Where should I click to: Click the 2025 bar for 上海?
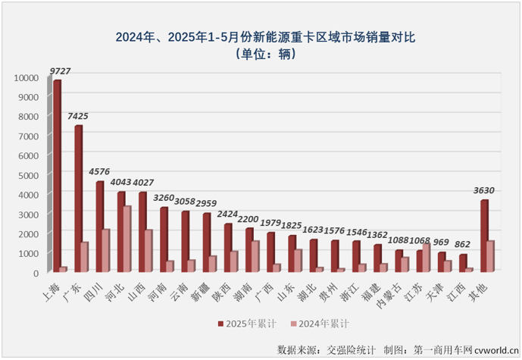pos(56,175)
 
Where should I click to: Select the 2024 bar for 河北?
pos(127,238)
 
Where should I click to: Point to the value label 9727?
pos(60,71)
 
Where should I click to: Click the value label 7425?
pos(78,117)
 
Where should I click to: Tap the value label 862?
pos(462,245)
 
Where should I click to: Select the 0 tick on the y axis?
pos(34,272)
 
